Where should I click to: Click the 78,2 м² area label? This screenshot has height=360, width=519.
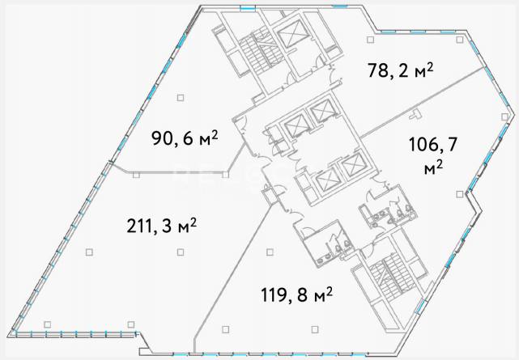(400, 70)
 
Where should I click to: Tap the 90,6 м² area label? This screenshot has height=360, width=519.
(185, 138)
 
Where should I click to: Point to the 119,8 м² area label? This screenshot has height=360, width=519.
(296, 294)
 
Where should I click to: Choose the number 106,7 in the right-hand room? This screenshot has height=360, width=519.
(433, 145)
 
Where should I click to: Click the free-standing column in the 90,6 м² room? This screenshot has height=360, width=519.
(181, 98)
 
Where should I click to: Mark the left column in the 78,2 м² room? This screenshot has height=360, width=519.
(371, 40)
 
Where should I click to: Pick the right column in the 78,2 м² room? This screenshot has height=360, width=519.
(459, 40)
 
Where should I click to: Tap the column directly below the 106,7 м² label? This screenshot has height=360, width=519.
(459, 194)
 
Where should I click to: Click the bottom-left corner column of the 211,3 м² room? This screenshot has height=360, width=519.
(47, 324)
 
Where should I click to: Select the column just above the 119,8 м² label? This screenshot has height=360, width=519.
(270, 252)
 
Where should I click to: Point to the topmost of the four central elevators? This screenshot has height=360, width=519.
(321, 110)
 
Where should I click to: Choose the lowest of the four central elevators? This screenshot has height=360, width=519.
(327, 181)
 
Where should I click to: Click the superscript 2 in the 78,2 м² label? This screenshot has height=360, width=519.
(430, 66)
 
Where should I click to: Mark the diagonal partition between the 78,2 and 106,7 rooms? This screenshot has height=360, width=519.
(423, 102)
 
